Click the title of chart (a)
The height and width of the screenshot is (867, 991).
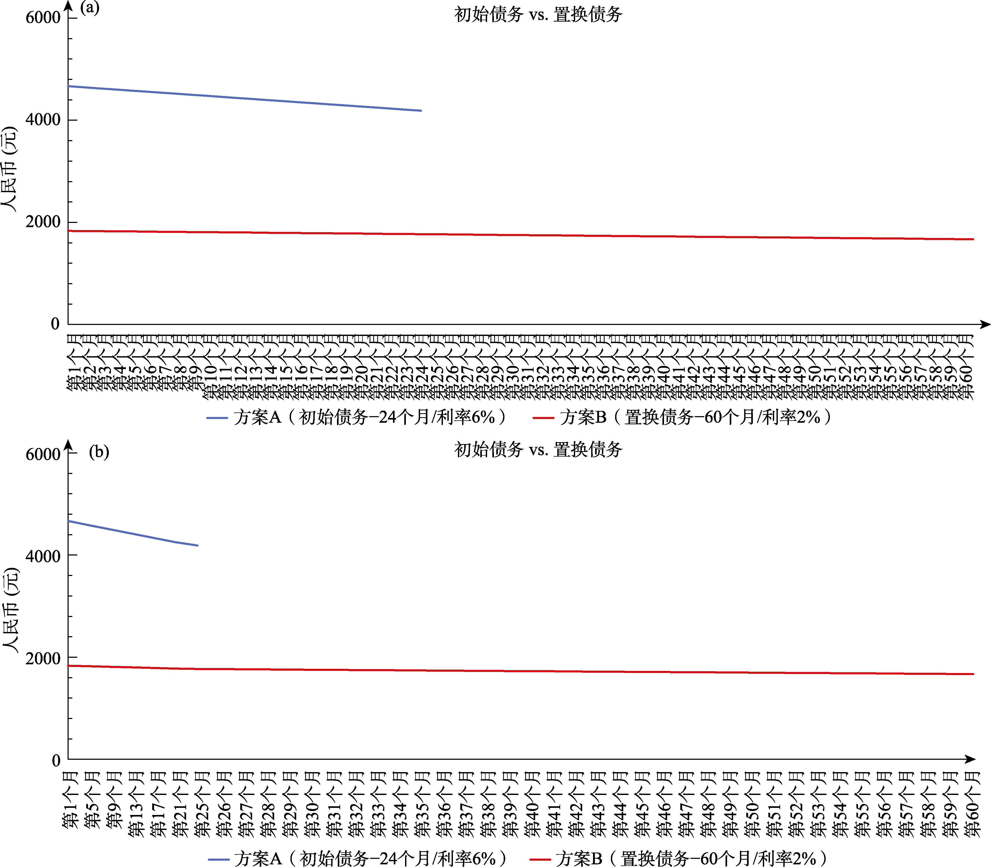point(538,14)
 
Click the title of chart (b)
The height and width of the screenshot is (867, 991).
point(538,450)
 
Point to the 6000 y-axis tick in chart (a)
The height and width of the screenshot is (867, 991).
point(43,18)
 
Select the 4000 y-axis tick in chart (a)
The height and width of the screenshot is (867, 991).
point(43,120)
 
